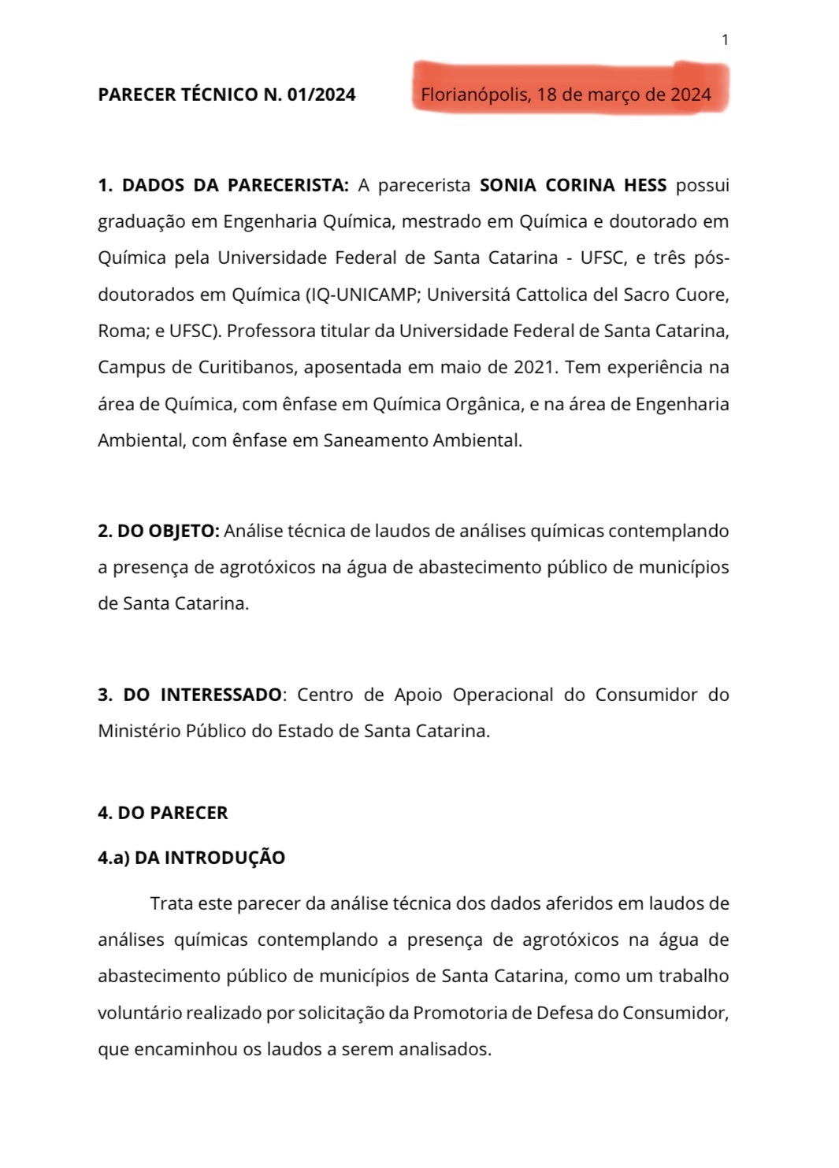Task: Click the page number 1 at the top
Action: point(725,40)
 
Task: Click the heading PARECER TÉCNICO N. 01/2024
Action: point(226,95)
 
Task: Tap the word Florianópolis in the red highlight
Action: point(475,95)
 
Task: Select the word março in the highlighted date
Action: point(614,95)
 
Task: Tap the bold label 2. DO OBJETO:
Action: point(158,532)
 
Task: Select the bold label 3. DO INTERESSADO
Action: point(189,695)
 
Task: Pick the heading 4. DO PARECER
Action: point(162,814)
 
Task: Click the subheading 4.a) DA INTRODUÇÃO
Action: point(191,858)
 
